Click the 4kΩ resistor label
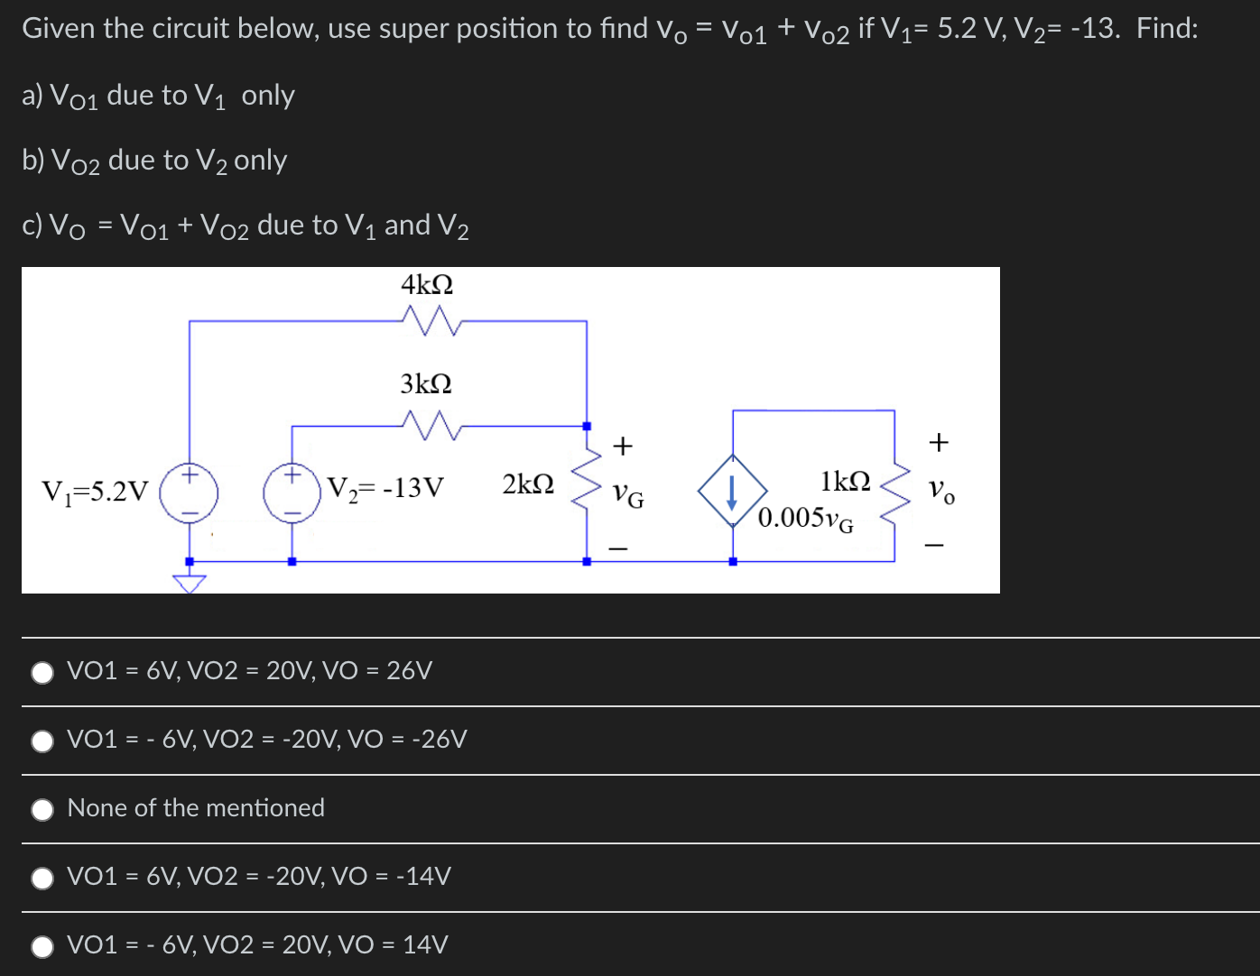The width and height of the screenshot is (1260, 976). click(427, 285)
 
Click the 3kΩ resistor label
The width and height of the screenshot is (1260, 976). click(426, 384)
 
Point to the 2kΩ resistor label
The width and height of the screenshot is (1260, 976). click(528, 484)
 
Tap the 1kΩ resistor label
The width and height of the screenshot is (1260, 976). click(846, 481)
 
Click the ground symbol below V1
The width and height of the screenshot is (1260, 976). click(190, 584)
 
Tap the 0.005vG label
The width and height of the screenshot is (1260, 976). click(805, 519)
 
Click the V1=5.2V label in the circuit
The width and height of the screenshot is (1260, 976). click(95, 492)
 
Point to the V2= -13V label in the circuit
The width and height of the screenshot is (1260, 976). click(385, 488)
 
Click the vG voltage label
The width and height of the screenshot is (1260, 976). click(628, 495)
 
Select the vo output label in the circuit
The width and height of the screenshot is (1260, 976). click(940, 492)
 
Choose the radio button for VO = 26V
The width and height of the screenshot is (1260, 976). click(42, 672)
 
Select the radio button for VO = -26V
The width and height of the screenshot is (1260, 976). click(42, 741)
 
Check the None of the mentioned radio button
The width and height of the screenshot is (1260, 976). click(42, 809)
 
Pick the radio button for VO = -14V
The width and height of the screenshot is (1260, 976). click(42, 878)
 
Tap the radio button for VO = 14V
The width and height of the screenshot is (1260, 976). click(42, 946)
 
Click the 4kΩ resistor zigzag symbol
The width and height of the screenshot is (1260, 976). click(430, 319)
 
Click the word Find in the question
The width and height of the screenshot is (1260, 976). click(1167, 29)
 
